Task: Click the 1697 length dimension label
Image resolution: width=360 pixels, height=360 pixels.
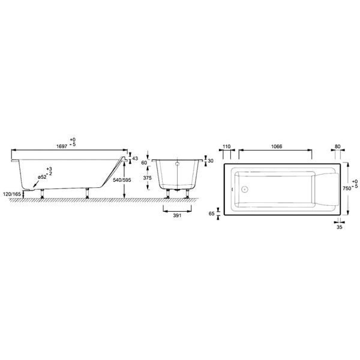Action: tap(62, 146)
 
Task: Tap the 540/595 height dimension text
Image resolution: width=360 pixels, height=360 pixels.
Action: tap(122, 180)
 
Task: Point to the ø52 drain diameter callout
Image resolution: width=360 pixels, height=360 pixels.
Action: tap(42, 177)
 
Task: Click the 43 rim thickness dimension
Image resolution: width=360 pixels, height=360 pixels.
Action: tap(135, 158)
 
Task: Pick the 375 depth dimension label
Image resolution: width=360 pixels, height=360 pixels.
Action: tap(147, 178)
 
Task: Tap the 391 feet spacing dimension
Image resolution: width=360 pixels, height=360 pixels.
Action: tap(177, 215)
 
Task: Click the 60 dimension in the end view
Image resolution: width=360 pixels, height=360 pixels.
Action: tap(144, 163)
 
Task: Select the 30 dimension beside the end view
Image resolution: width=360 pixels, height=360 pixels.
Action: tap(211, 161)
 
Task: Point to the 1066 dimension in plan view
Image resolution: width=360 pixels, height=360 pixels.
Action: tap(277, 146)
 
